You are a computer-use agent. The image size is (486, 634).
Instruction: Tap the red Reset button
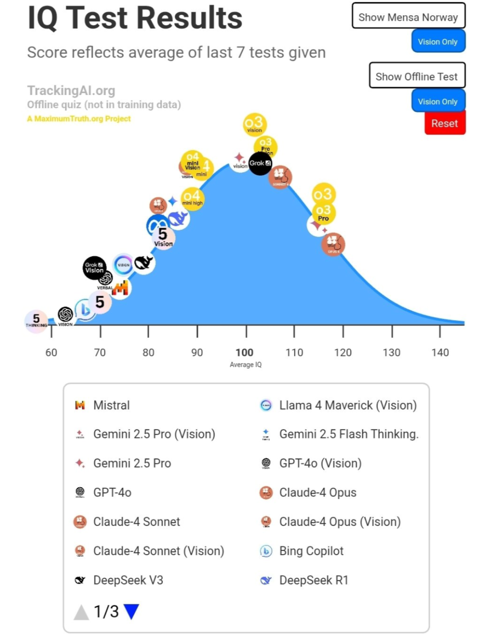[x=445, y=123]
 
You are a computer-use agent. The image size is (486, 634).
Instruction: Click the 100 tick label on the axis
[x=244, y=352]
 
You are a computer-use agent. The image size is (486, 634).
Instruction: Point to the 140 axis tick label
[x=440, y=352]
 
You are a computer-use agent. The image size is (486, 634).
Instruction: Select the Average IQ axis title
[x=245, y=364]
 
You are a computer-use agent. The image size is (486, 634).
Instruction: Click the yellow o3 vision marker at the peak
[x=255, y=125]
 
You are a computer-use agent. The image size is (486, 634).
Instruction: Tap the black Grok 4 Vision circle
[x=94, y=267]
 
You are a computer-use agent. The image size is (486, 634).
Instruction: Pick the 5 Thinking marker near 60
[x=36, y=321]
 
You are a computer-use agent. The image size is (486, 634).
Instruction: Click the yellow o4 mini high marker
[x=192, y=198]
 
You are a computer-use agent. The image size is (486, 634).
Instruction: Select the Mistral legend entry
[x=111, y=405]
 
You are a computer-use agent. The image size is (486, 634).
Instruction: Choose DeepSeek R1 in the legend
[x=313, y=580]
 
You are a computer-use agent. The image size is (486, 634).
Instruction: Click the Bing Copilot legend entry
[x=311, y=551]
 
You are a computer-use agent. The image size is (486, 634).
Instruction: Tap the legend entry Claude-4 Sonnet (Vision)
[x=158, y=551]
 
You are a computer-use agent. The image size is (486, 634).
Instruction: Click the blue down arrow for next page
[x=131, y=612]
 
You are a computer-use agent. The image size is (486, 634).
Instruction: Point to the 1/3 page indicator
[x=106, y=612]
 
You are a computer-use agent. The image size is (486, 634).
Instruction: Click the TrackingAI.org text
[x=71, y=90]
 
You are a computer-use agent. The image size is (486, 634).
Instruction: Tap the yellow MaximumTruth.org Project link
[x=79, y=119]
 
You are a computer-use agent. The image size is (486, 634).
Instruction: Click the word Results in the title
[x=189, y=18]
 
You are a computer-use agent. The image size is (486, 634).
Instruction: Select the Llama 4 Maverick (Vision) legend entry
[x=347, y=405]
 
